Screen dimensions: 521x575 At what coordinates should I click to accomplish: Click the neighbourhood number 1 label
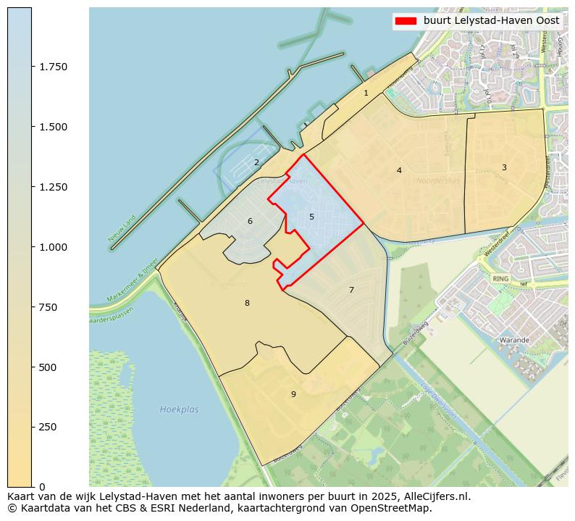[366, 93]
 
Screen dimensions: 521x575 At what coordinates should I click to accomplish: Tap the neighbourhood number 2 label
[256, 162]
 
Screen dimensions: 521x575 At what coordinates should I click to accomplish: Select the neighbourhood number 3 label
[504, 167]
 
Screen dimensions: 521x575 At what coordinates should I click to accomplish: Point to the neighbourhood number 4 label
[399, 170]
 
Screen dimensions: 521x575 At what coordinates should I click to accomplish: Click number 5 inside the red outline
[311, 217]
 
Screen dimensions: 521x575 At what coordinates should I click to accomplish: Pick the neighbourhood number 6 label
[250, 221]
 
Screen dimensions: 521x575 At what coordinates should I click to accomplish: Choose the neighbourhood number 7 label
[351, 290]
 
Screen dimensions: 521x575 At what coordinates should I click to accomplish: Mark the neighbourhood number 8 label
[247, 303]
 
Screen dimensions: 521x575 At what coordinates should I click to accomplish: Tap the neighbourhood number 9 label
[293, 394]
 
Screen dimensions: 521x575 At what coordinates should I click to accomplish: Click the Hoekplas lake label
[179, 409]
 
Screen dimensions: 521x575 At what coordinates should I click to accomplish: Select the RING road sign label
[500, 278]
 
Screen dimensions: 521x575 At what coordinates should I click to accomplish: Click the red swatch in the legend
[406, 21]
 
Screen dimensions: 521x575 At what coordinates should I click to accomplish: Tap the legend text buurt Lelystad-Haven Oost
[491, 21]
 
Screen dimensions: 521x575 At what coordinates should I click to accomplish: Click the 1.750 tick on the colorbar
[53, 67]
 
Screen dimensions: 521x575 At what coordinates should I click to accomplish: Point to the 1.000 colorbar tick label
[53, 247]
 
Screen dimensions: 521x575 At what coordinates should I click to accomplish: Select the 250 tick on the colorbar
[47, 427]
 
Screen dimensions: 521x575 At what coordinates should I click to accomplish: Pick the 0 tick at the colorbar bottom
[41, 486]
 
